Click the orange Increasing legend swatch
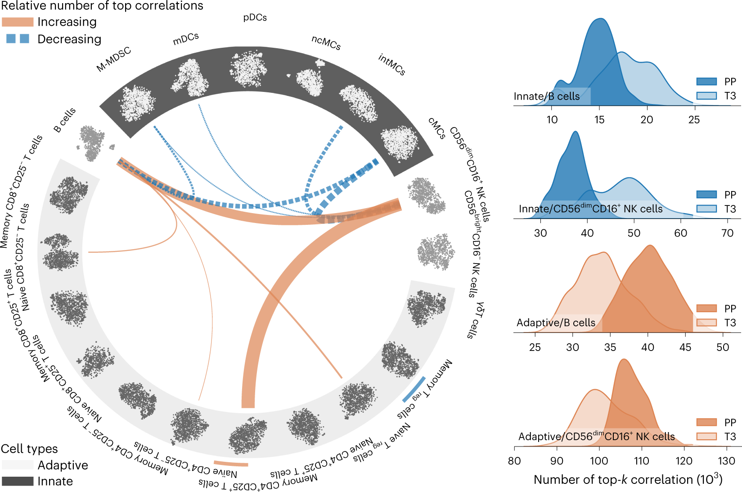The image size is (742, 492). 18,22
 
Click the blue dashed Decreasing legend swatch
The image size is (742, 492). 18,39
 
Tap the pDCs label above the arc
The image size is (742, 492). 255,18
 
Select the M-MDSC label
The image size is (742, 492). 114,59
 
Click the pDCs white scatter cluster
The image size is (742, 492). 247,69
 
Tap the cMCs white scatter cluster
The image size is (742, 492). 399,143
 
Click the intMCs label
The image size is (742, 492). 391,64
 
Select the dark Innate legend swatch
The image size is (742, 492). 18,481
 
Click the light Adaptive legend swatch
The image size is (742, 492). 18,465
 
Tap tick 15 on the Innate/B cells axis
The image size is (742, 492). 599,120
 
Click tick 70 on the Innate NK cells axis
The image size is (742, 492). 727,233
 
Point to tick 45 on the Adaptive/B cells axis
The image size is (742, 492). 685,347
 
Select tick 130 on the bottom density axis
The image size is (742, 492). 726,461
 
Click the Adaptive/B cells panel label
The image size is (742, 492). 556,323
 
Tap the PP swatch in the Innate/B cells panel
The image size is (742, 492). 706,82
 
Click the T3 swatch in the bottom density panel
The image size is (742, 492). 706,437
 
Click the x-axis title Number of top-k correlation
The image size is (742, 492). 628,479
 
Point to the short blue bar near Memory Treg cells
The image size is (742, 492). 414,389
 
